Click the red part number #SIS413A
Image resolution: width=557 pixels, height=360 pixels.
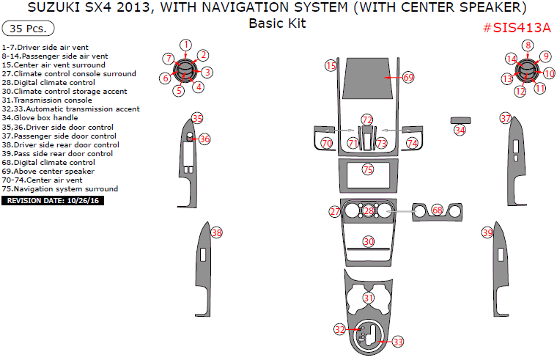click(x=517, y=28)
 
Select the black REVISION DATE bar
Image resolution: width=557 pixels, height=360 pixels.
click(x=54, y=199)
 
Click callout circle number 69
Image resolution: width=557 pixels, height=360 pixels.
click(x=408, y=77)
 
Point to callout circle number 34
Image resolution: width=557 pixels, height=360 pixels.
click(x=460, y=130)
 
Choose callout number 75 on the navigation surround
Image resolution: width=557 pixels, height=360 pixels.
click(x=368, y=169)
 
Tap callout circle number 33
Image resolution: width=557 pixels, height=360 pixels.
click(x=398, y=342)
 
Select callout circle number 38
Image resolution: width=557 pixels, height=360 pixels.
click(x=216, y=232)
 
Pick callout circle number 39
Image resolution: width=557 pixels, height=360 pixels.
click(x=487, y=232)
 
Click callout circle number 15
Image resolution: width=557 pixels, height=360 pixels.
click(x=331, y=66)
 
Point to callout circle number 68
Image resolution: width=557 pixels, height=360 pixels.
click(x=438, y=210)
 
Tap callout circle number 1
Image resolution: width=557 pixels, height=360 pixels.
click(x=186, y=45)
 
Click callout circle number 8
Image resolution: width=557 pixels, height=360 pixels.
click(x=527, y=45)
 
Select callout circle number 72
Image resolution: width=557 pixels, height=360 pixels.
click(x=367, y=119)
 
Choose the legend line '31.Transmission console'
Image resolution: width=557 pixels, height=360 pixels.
click(x=47, y=100)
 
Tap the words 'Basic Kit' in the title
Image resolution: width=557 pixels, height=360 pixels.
click(x=277, y=23)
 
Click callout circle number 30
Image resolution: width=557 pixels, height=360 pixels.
click(x=369, y=241)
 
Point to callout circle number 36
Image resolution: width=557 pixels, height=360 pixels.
click(x=204, y=139)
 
